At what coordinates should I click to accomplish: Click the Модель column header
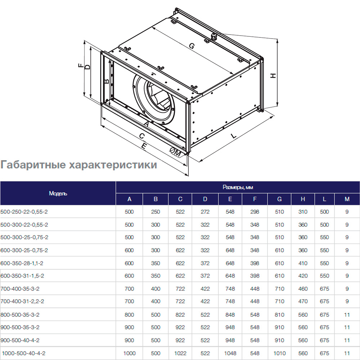coord(58,193)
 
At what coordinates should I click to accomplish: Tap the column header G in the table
coord(279,199)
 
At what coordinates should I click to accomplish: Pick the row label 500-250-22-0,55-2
coord(24,212)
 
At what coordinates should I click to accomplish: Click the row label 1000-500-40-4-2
coord(26,354)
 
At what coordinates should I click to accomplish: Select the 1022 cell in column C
coord(180,354)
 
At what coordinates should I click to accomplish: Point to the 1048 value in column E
coord(230,354)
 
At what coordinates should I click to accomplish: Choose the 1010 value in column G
coord(279,354)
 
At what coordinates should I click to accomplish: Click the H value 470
coord(303,301)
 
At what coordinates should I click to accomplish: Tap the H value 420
coord(303,276)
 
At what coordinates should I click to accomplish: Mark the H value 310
coord(303,212)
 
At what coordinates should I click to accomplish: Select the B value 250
coord(156,212)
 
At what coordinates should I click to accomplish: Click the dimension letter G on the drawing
coord(192,46)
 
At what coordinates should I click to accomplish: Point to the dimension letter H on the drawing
coord(273,76)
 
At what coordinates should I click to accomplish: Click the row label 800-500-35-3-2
coord(20,315)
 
